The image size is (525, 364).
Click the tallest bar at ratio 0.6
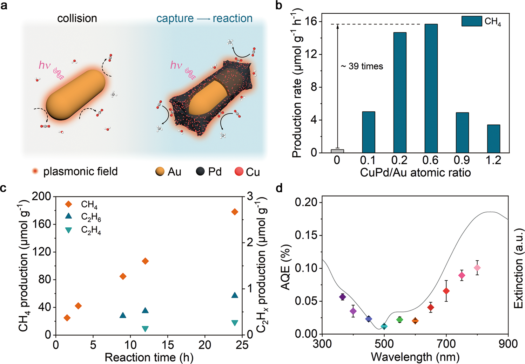[x=431, y=89]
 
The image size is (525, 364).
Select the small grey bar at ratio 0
[x=337, y=151]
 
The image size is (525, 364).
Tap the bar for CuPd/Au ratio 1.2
[x=493, y=139]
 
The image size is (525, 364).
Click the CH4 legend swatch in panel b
[x=472, y=21]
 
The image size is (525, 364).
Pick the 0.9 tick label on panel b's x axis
[x=462, y=160]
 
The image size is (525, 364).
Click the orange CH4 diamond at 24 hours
[x=235, y=212]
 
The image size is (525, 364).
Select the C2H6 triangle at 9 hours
[x=123, y=315]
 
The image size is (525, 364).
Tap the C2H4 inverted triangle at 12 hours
[x=145, y=329]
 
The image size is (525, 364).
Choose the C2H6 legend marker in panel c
[x=69, y=216]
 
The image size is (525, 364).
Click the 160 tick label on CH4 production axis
[x=41, y=224]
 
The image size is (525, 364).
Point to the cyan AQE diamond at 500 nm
[x=384, y=326]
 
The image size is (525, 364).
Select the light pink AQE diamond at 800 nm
[x=477, y=268]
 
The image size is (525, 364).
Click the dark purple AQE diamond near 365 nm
[x=343, y=297]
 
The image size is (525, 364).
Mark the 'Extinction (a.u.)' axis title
[x=518, y=268]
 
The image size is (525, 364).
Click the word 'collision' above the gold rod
[x=77, y=18]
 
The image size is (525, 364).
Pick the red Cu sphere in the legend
[x=239, y=171]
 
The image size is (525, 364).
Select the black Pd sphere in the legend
[x=200, y=171]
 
